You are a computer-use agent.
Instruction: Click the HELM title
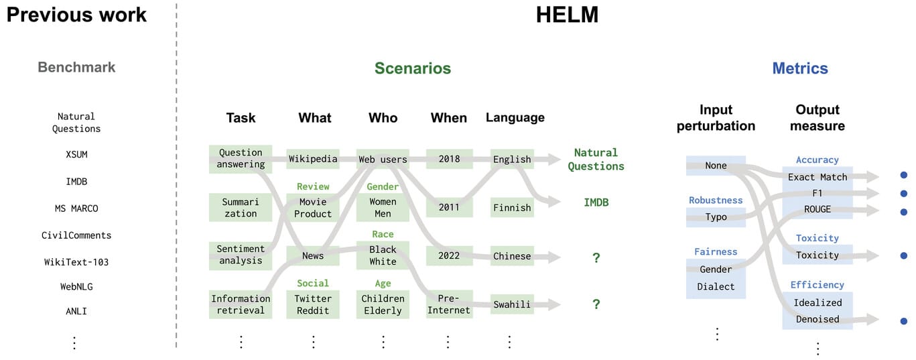[567, 15]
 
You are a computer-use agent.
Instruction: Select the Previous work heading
[76, 15]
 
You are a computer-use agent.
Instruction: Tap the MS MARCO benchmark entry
[76, 208]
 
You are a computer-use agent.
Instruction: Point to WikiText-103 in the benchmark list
[76, 262]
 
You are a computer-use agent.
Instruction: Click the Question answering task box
[241, 159]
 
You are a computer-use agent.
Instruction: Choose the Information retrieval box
[241, 304]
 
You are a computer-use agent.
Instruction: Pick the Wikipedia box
[313, 160]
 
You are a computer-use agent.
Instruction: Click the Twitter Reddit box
[313, 304]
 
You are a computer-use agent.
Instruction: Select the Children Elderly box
[383, 304]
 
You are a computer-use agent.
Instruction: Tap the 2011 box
[449, 207]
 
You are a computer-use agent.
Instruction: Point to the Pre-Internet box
[449, 304]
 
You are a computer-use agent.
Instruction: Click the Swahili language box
[512, 304]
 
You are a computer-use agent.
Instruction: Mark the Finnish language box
[512, 207]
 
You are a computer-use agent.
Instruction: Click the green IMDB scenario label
[596, 202]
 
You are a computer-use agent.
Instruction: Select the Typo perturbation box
[716, 217]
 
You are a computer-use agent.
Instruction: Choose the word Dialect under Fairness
[716, 286]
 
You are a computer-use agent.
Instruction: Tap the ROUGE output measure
[817, 209]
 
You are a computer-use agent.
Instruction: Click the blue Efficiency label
[817, 285]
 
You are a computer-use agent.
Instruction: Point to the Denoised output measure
[817, 319]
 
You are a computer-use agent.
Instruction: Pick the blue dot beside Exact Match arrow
[904, 176]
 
